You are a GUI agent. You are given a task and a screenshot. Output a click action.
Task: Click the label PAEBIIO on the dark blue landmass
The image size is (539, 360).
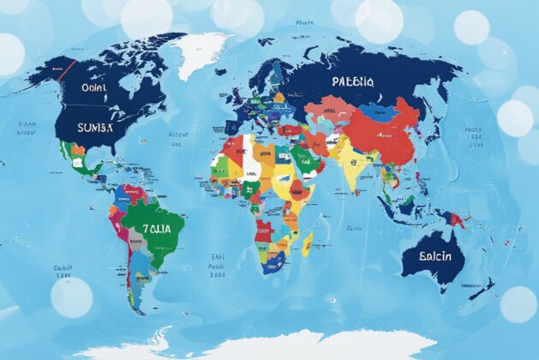pyautogui.click(x=352, y=82)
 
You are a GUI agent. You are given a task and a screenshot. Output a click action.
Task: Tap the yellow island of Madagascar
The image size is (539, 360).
pyautogui.click(x=307, y=244)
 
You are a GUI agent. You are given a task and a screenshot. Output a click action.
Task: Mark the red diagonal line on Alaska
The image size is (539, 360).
pyautogui.click(x=63, y=70)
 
